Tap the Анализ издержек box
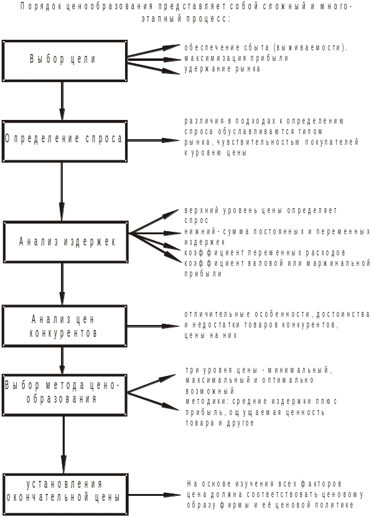[x=66, y=241]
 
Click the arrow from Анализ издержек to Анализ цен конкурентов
[x=63, y=283]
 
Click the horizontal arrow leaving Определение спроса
[x=153, y=140]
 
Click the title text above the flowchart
[x=187, y=12]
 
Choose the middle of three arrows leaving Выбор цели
[x=153, y=60]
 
